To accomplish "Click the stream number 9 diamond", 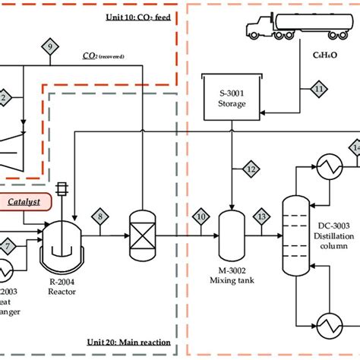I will [50, 47].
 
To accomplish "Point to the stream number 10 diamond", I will [201, 218].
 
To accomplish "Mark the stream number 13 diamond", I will [262, 218].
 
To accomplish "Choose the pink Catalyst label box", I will [25, 202].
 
